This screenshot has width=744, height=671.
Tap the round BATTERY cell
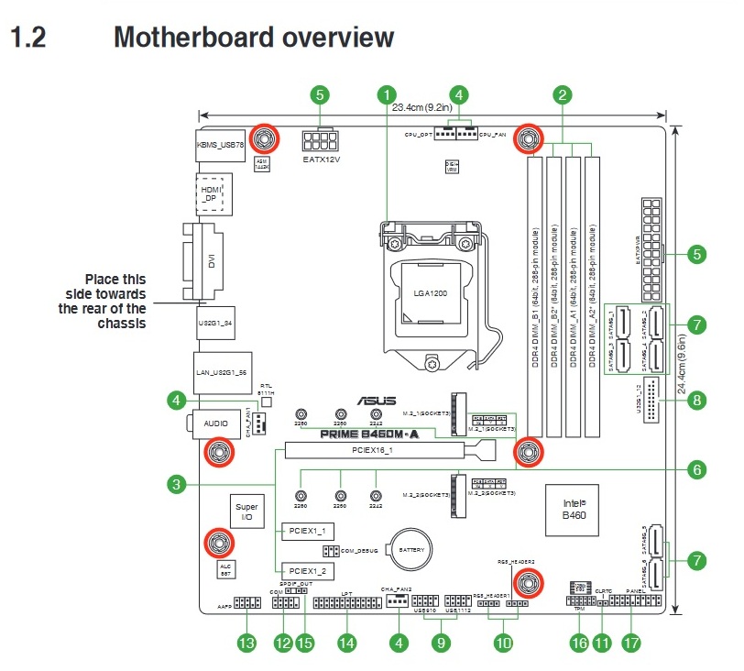(410, 549)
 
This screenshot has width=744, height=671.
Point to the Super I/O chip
(247, 511)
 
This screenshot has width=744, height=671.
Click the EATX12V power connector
(321, 142)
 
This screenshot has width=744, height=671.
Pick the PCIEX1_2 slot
(307, 569)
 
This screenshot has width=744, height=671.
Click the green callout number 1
(388, 94)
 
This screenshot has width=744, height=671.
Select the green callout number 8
(697, 400)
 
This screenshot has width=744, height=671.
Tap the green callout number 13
(246, 643)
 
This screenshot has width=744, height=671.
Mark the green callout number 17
(629, 643)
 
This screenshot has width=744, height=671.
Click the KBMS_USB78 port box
(221, 145)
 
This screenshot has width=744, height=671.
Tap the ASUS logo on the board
(383, 400)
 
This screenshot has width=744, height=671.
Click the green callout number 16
(578, 643)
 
